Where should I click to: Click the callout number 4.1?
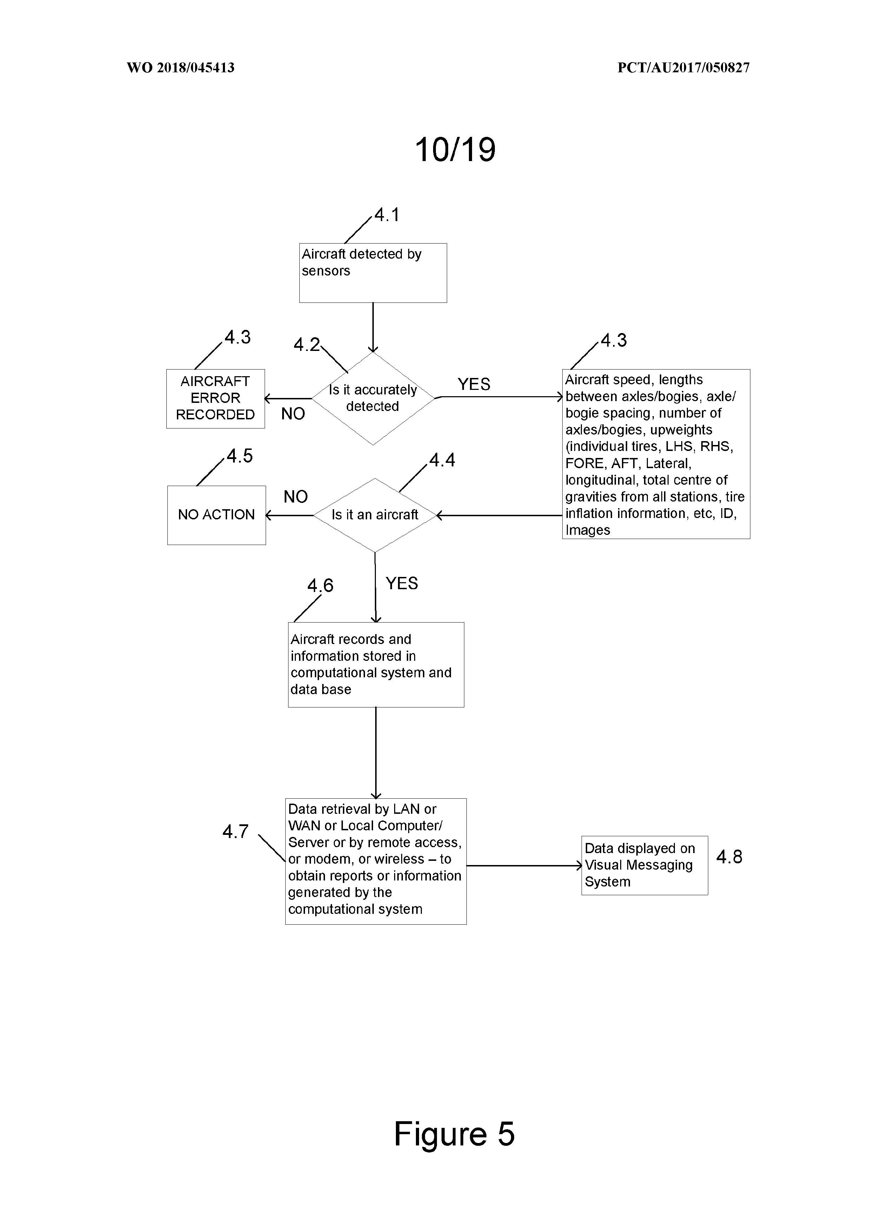[386, 215]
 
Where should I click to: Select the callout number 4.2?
[306, 345]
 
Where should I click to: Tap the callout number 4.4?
[442, 460]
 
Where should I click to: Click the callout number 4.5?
[239, 456]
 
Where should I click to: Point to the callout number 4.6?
[320, 586]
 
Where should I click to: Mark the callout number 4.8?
[729, 857]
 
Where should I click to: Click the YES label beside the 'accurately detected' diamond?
[473, 384]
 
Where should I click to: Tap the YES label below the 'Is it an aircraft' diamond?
[402, 583]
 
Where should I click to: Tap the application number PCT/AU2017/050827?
[684, 67]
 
